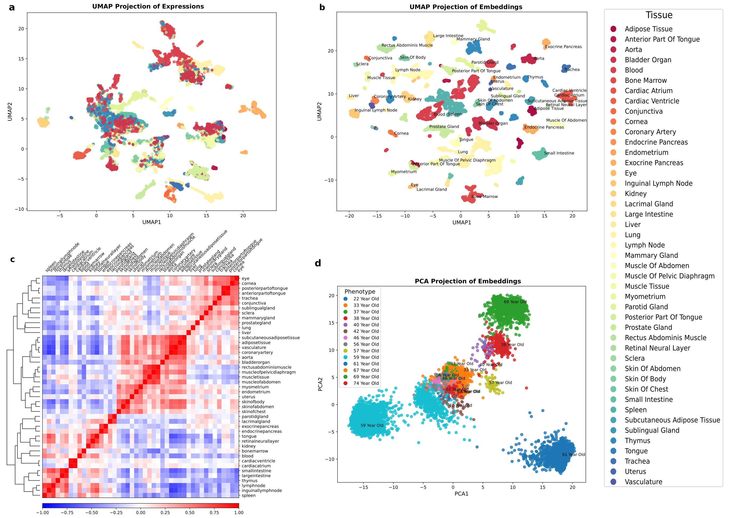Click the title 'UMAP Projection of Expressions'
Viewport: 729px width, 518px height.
[148, 6]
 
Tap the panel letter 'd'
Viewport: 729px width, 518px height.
[318, 263]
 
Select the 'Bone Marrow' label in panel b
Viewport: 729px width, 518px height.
[484, 197]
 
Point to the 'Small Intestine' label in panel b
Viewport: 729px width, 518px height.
[559, 153]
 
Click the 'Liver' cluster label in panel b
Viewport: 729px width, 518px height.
[354, 96]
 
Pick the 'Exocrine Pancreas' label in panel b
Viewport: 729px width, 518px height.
[563, 47]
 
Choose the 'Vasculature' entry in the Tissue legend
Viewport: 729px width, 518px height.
[643, 482]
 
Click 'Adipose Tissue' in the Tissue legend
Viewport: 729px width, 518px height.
[648, 29]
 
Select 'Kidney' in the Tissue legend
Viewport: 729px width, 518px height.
[635, 194]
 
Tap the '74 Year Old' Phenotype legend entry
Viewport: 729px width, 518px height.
[366, 383]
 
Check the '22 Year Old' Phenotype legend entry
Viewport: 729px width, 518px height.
[366, 299]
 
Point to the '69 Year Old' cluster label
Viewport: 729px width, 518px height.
[515, 302]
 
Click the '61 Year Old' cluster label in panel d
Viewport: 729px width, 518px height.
[573, 455]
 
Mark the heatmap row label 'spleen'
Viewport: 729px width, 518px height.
[249, 495]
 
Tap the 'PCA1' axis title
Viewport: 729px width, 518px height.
[461, 494]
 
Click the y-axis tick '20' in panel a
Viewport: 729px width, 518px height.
[21, 29]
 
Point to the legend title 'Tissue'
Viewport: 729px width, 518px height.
[659, 15]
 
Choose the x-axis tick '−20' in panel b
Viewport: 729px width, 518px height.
[349, 216]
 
